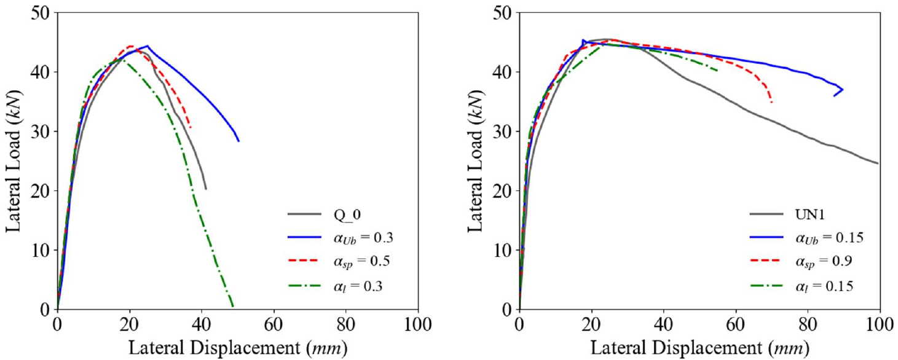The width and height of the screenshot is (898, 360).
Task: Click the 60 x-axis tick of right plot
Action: point(736,321)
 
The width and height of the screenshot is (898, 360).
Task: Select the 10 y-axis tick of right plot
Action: point(503,250)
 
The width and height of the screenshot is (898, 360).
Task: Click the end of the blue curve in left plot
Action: point(238,141)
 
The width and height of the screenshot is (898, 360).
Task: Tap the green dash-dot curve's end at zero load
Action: point(232,306)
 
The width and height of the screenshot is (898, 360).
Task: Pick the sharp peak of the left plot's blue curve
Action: point(147,45)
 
